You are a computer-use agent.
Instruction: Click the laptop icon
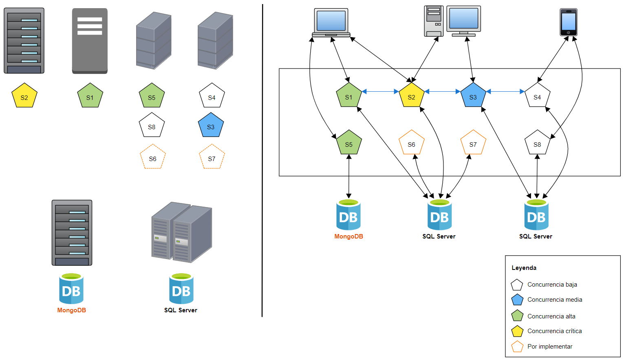(331, 23)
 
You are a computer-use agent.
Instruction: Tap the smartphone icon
(568, 22)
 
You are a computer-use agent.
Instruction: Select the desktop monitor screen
(463, 20)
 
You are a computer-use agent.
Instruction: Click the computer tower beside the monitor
(433, 21)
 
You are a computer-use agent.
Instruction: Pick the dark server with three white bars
(90, 41)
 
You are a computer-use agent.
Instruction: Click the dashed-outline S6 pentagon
(152, 157)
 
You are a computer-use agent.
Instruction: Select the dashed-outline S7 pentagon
(212, 157)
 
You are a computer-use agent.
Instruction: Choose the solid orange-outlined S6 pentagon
(411, 143)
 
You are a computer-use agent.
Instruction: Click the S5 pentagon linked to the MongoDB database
(349, 143)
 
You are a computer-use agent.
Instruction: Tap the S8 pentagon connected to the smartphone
(537, 143)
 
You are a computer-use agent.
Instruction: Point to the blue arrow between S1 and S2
(380, 92)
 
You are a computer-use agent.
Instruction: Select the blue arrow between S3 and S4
(505, 92)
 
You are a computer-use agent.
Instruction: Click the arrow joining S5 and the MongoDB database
(349, 177)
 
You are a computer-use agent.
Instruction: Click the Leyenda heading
(524, 268)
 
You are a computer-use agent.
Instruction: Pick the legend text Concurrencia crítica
(554, 331)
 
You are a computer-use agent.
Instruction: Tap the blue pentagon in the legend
(517, 300)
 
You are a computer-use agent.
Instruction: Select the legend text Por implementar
(550, 347)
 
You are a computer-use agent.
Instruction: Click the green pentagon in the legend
(517, 316)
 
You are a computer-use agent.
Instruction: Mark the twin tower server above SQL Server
(181, 232)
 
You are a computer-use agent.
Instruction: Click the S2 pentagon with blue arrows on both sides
(411, 96)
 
